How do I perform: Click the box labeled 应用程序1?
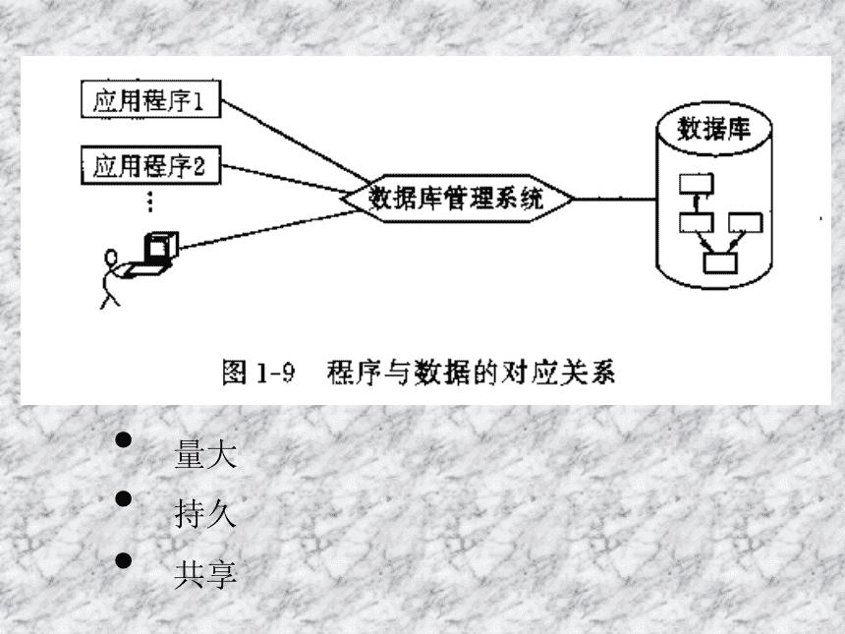coord(149,101)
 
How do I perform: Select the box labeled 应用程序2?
coord(149,163)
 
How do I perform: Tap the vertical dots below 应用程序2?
coord(149,202)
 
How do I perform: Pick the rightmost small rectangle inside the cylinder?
coord(743,221)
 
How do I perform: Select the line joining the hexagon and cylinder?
coord(613,199)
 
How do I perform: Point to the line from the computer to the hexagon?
coord(265,229)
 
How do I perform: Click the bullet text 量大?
coord(204,455)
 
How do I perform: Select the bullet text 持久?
coord(204,514)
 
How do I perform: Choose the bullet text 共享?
coord(204,574)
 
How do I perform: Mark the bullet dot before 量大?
coord(124,439)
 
